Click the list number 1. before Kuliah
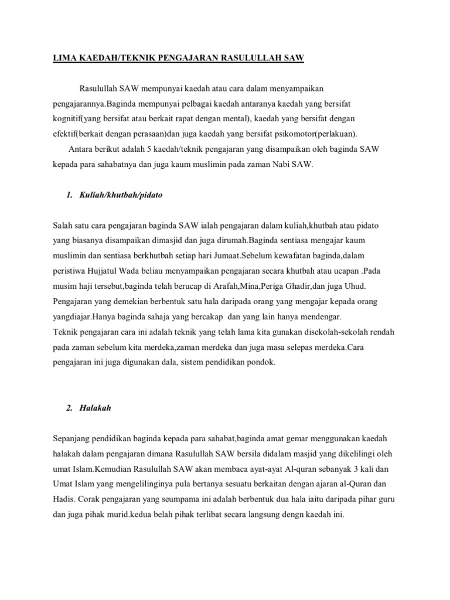(x=70, y=195)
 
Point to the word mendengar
(x=321, y=316)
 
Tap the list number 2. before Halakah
(x=70, y=408)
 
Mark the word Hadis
(x=64, y=500)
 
